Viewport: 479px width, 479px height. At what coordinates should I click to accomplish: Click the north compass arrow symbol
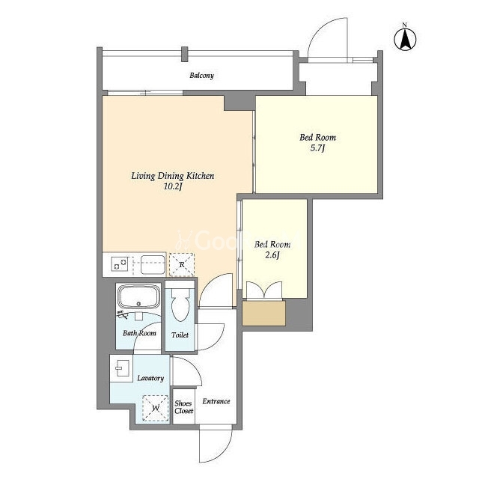tap(405, 40)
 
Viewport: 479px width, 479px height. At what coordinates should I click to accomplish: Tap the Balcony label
tap(201, 75)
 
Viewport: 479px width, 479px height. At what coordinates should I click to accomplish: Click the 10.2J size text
tap(173, 186)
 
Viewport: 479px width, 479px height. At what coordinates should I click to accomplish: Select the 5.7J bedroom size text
tap(317, 148)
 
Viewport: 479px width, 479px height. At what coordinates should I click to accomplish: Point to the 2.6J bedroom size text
tap(272, 254)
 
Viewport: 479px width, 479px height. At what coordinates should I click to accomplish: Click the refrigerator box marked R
tap(182, 264)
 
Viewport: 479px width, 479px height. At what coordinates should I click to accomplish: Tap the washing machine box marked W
tap(156, 408)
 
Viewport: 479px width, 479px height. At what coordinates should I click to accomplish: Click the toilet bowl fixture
tap(180, 305)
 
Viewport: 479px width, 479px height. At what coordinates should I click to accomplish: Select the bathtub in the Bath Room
tap(139, 296)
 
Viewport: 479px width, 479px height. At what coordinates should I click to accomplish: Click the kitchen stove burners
tap(120, 264)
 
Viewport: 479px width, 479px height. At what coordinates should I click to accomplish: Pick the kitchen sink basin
tap(153, 264)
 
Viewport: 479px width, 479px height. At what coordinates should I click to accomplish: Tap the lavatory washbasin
tap(123, 368)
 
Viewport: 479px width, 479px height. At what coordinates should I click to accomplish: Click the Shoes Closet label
tap(184, 407)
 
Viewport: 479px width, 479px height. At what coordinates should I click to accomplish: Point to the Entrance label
tap(216, 401)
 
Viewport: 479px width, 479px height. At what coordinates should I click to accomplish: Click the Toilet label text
tap(180, 335)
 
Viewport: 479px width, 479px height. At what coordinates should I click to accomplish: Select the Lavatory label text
tap(150, 378)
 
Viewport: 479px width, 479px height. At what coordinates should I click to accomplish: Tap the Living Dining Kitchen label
tap(173, 176)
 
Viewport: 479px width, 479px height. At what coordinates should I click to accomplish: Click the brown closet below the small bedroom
tap(264, 313)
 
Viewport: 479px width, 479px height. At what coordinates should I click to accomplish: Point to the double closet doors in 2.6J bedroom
tap(264, 290)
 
